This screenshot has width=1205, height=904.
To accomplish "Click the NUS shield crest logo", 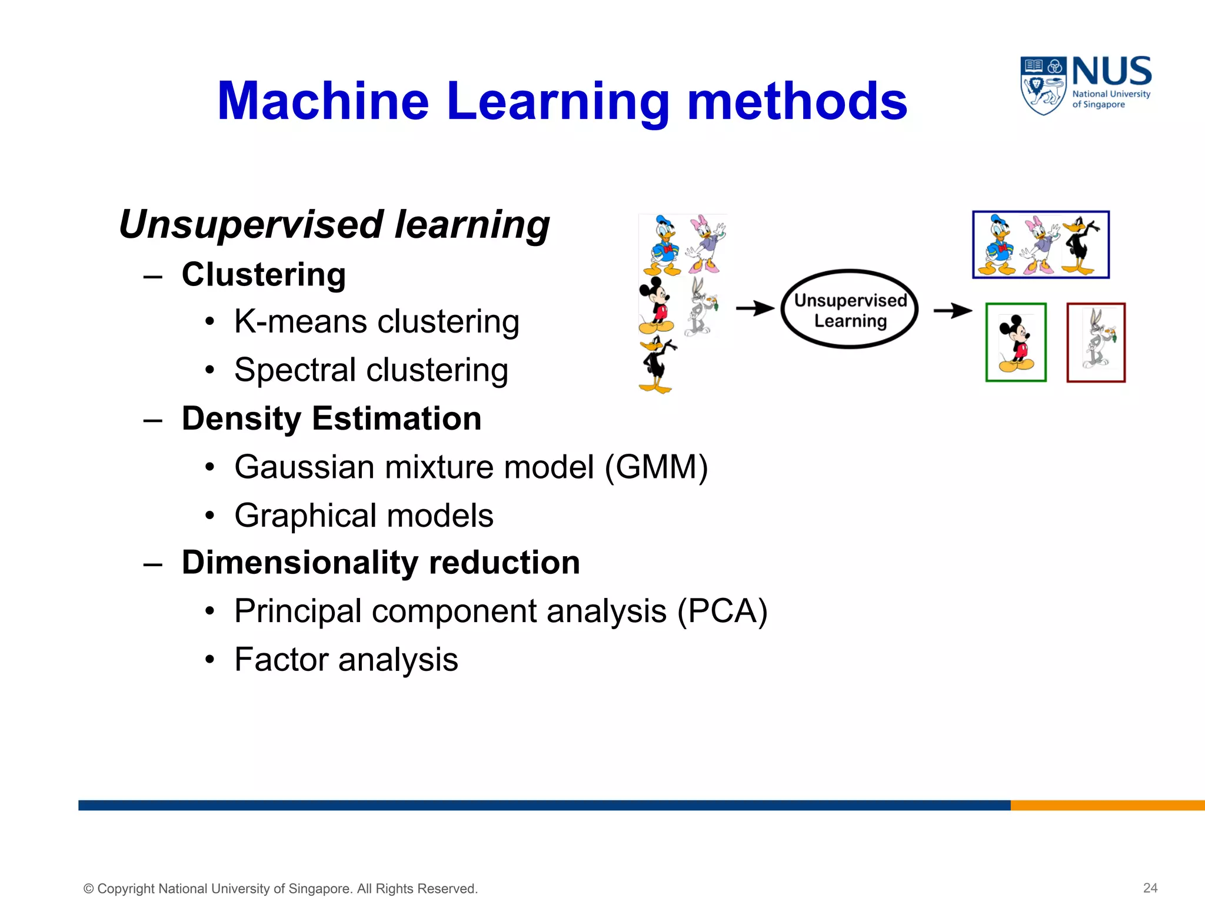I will (1043, 85).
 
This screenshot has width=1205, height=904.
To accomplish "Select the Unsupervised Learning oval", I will (850, 310).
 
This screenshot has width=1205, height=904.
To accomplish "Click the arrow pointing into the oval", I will (755, 308).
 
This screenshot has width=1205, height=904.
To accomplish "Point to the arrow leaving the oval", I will (953, 310).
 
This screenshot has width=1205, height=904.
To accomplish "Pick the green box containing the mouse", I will (1016, 343).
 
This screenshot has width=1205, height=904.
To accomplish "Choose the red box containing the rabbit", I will (1096, 343).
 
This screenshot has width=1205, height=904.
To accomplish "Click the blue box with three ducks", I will (1041, 245).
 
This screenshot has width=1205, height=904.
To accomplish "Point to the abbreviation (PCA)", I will (722, 611).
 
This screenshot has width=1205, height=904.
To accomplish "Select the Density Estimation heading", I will (331, 418).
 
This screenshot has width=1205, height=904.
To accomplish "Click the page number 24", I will (1150, 888).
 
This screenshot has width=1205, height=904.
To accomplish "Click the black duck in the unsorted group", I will (657, 365).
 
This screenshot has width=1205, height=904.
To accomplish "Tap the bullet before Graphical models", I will (210, 516).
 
